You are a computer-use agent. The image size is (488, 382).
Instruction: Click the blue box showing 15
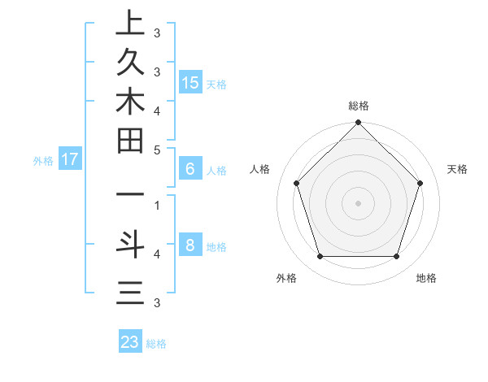point(190,82)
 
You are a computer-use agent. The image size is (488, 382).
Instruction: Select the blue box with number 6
point(190,169)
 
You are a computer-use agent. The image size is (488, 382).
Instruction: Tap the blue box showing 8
point(190,245)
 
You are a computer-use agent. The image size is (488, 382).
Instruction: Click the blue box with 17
point(70,159)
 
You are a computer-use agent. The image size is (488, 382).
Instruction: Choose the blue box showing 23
point(130,342)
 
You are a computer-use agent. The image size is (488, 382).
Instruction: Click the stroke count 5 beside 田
point(157,150)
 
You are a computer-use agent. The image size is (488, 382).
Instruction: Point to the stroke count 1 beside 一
point(157,205)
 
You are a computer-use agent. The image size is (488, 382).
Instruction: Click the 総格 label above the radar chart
point(359,106)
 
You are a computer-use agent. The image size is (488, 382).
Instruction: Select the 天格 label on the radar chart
point(458,169)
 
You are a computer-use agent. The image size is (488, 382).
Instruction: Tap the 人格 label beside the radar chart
point(260,169)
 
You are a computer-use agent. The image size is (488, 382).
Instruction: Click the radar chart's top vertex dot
point(359,124)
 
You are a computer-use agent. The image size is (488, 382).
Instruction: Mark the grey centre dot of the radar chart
point(359,202)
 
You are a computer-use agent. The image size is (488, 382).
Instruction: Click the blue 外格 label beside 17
point(43,161)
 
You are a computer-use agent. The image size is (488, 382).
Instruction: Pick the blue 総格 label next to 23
point(156,344)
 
